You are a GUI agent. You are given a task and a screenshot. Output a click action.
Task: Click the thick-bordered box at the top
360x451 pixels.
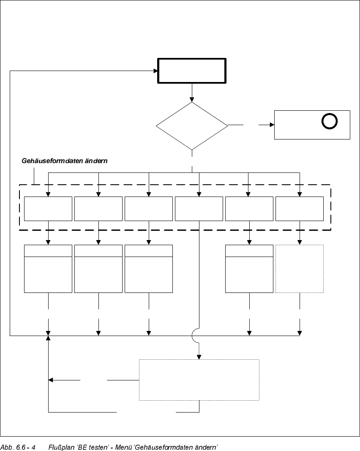click(192, 71)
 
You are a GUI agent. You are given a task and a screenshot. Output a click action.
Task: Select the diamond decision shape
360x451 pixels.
click(192, 126)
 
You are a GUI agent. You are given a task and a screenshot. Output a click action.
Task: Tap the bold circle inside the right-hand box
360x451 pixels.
click(330, 122)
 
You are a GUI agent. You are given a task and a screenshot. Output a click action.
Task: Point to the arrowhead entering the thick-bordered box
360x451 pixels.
click(155, 71)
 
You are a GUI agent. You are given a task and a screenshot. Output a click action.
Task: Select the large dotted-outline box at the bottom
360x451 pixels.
click(199, 380)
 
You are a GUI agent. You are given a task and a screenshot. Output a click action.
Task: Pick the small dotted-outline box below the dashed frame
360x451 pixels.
click(300, 268)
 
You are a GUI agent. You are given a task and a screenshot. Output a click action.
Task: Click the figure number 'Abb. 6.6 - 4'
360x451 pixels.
click(18, 447)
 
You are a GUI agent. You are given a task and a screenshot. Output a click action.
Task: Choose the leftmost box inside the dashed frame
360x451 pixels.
click(48, 208)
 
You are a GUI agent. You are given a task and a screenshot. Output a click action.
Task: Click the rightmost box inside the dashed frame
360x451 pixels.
click(300, 208)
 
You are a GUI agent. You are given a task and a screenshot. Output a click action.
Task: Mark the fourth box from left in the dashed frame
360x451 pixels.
click(199, 208)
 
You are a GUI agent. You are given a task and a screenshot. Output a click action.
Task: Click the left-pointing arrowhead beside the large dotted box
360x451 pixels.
click(51, 380)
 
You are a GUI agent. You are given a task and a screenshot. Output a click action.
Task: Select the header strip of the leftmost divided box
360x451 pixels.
click(48, 251)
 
